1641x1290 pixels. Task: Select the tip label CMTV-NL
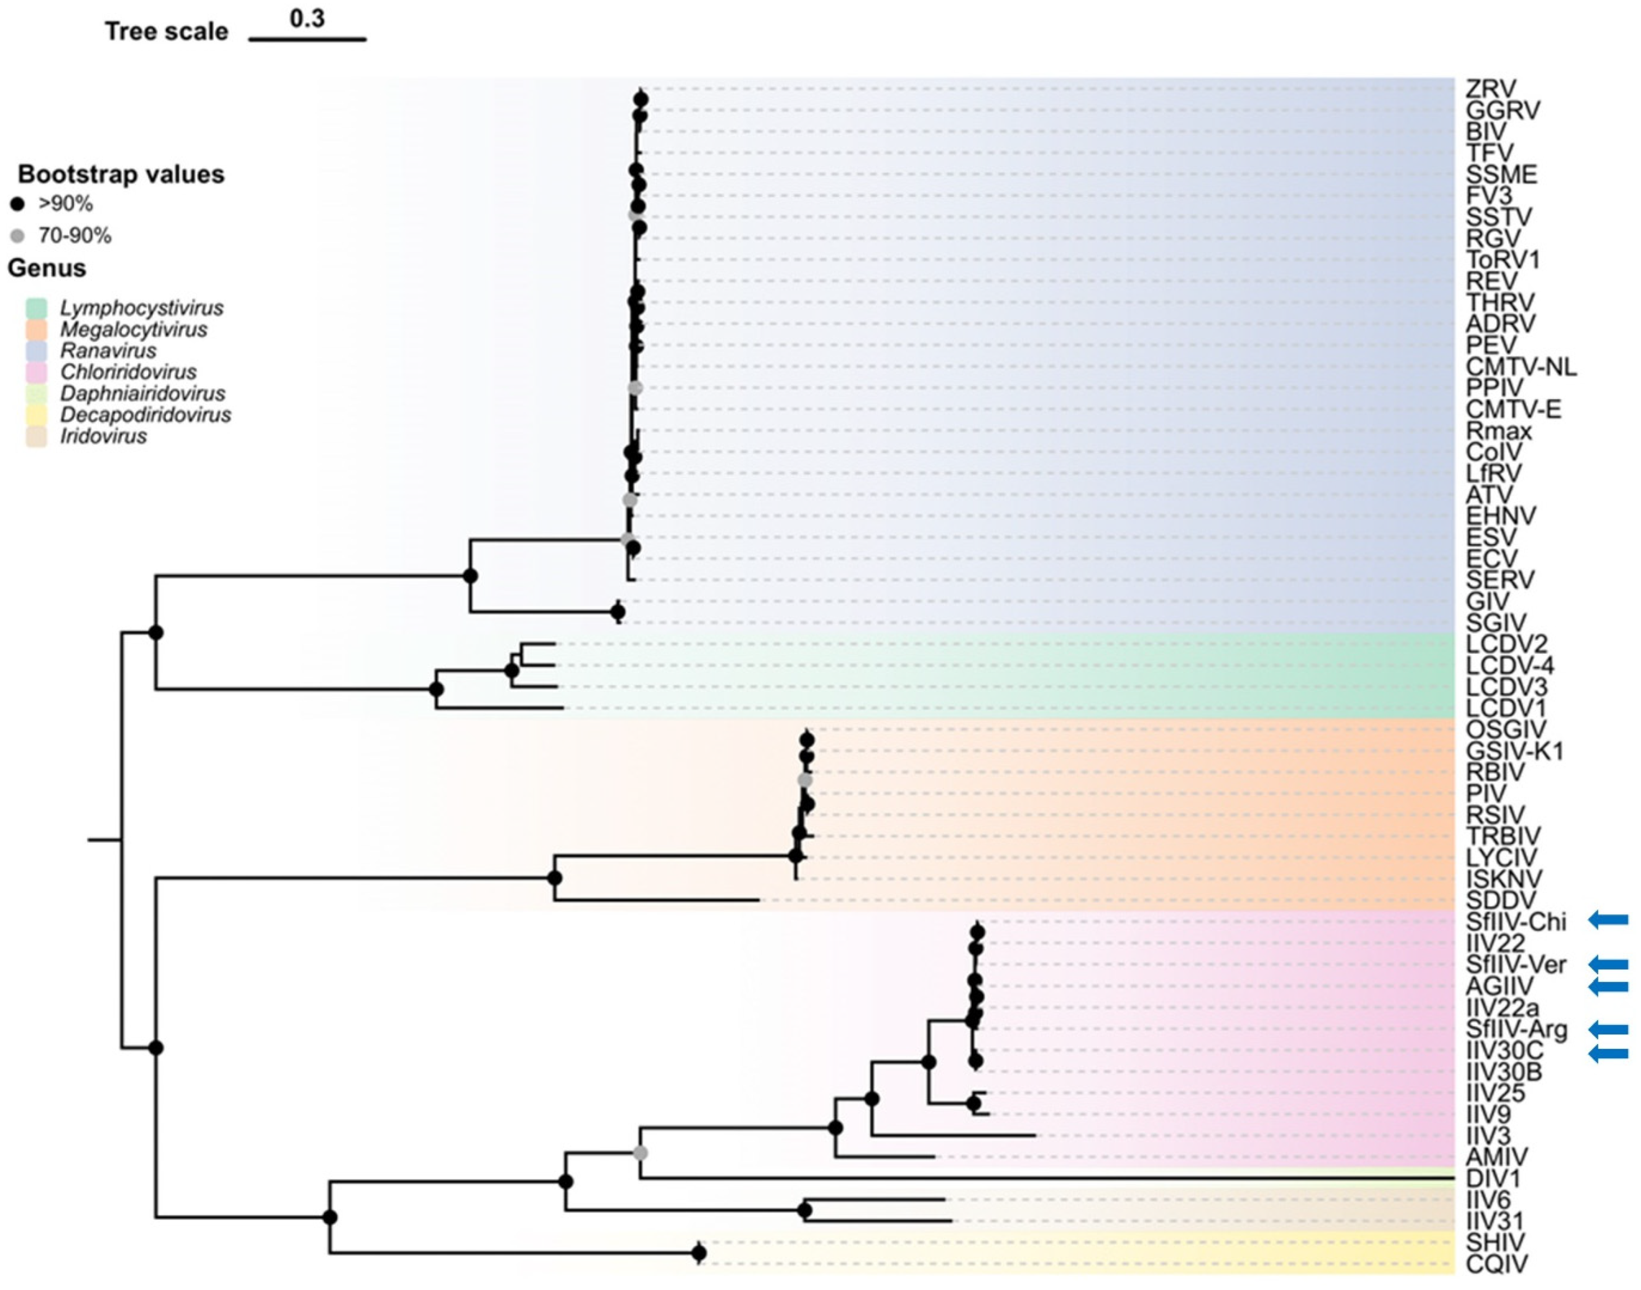tap(1521, 367)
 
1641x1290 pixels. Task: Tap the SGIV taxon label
tap(1496, 623)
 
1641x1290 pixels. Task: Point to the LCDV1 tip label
tap(1506, 708)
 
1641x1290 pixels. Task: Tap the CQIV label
tap(1496, 1264)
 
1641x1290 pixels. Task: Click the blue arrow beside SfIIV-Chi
tap(1608, 920)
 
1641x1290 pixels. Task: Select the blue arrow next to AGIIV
tap(1608, 986)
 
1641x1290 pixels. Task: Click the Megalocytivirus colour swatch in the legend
tap(36, 330)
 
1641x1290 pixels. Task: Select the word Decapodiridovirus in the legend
tap(145, 415)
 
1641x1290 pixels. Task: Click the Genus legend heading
tap(47, 268)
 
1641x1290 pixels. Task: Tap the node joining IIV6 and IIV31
tap(805, 1211)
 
